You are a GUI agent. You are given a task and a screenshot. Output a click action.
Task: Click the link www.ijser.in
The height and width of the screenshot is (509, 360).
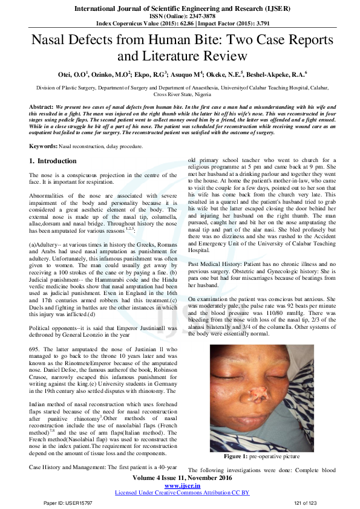pyautogui.click(x=182, y=485)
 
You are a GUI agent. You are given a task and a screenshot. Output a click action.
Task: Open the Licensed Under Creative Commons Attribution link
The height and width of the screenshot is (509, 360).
pyautogui.click(x=182, y=493)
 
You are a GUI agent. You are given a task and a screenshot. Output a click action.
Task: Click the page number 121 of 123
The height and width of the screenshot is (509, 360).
pyautogui.click(x=304, y=503)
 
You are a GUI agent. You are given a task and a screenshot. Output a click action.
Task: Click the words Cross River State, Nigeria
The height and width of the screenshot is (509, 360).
pyautogui.click(x=182, y=95)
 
